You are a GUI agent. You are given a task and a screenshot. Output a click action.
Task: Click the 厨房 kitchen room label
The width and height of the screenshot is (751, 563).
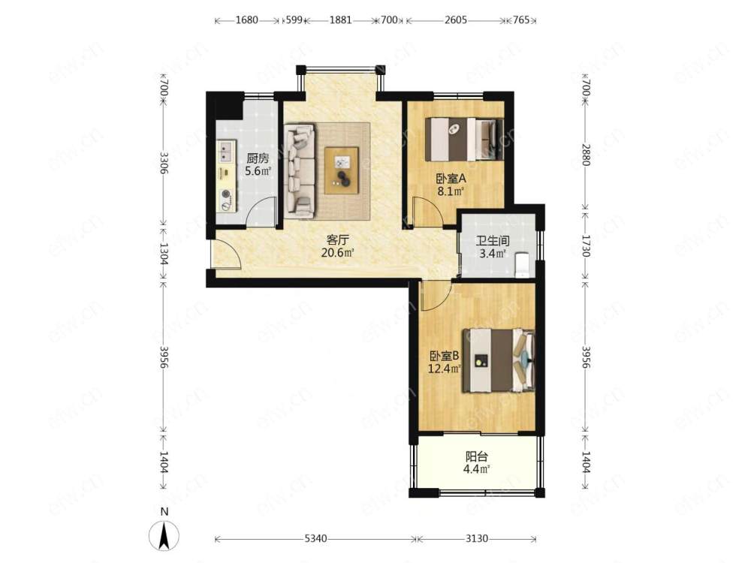pos(258,158)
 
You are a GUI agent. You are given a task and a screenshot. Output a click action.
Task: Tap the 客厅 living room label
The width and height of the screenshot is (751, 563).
pos(337,239)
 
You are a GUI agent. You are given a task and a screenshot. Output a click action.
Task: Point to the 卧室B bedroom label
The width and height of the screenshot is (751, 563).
pos(444,356)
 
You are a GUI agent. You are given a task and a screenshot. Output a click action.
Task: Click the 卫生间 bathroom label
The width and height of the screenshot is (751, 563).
pos(492,241)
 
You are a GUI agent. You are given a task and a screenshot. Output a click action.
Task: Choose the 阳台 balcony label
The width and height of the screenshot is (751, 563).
pos(477,456)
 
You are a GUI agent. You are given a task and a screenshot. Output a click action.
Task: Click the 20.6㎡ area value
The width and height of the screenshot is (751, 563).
pos(337,253)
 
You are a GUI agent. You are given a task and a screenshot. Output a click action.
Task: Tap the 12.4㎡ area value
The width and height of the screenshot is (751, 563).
pos(445,369)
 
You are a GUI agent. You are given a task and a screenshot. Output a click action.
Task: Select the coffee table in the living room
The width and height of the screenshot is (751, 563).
pos(342,171)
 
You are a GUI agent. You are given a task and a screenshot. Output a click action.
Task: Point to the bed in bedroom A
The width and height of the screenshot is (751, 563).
pos(464,140)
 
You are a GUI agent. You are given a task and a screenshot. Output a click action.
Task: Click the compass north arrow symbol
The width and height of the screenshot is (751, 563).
pos(164,534)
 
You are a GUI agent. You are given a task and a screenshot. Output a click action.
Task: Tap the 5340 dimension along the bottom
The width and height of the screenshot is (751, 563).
pos(316,539)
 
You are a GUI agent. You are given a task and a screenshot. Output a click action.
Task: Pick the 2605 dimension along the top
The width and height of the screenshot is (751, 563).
pos(456,20)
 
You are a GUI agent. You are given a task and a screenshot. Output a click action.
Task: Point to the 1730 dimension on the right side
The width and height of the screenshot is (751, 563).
pos(585,245)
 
